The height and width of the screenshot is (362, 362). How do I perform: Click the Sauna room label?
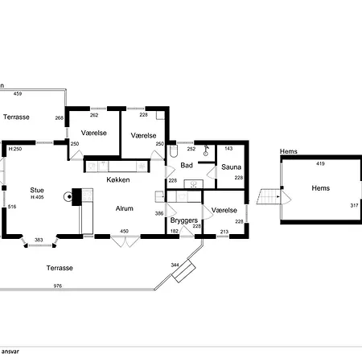point(231,167)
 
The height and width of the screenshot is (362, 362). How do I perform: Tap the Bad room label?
point(187,165)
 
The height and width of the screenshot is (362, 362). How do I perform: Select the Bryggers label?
point(184,220)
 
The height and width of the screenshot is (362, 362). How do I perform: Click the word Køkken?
point(118,179)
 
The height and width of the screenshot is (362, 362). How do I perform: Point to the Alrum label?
point(124,208)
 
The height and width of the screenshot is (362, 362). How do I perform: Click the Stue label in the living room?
point(37,190)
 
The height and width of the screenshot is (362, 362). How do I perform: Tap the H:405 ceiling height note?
point(37,197)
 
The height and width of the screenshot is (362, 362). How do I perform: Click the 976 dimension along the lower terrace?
point(58,286)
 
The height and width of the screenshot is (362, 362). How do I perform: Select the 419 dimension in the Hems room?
point(320,163)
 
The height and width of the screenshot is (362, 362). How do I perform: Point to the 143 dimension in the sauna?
point(228,149)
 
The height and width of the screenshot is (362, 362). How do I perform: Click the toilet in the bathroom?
point(174,151)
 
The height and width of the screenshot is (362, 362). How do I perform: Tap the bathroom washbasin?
point(193,184)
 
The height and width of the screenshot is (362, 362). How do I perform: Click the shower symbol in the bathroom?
point(206,150)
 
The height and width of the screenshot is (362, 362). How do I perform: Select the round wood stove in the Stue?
point(68,197)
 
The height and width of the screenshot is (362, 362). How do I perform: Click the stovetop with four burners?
point(88,195)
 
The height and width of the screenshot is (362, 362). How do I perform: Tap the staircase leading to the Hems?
point(269,196)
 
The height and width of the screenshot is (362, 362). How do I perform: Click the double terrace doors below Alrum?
point(125,241)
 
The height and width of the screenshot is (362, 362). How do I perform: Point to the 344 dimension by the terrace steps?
point(175,265)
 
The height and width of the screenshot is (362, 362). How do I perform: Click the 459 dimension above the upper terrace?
point(18,93)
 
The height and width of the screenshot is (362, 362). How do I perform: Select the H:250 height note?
point(15,149)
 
